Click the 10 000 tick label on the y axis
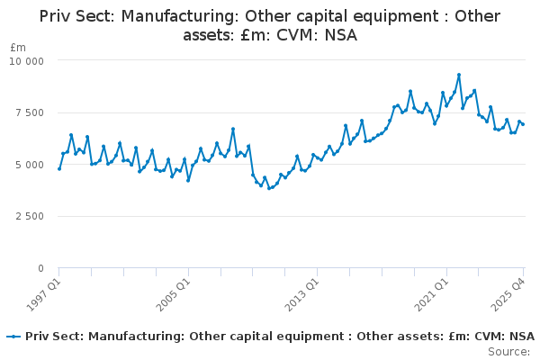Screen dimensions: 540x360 pyautogui.click(x=26, y=61)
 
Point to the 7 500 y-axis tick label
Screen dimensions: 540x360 pyautogui.click(x=30, y=113)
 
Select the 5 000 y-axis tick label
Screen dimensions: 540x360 pyautogui.click(x=30, y=165)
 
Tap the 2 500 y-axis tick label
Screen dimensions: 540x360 pyautogui.click(x=30, y=216)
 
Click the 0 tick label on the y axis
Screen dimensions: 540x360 pyautogui.click(x=41, y=268)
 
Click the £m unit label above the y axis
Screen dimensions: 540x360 pyautogui.click(x=18, y=48)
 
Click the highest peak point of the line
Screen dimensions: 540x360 pyautogui.click(x=459, y=75)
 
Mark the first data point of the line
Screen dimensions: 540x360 pyautogui.click(x=59, y=169)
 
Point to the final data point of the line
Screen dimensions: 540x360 pyautogui.click(x=523, y=124)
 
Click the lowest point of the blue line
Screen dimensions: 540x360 pyautogui.click(x=269, y=188)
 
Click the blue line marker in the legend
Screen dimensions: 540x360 pyautogui.click(x=13, y=337)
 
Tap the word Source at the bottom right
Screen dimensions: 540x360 pyautogui.click(x=508, y=352)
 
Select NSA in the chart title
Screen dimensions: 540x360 pyautogui.click(x=340, y=35)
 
